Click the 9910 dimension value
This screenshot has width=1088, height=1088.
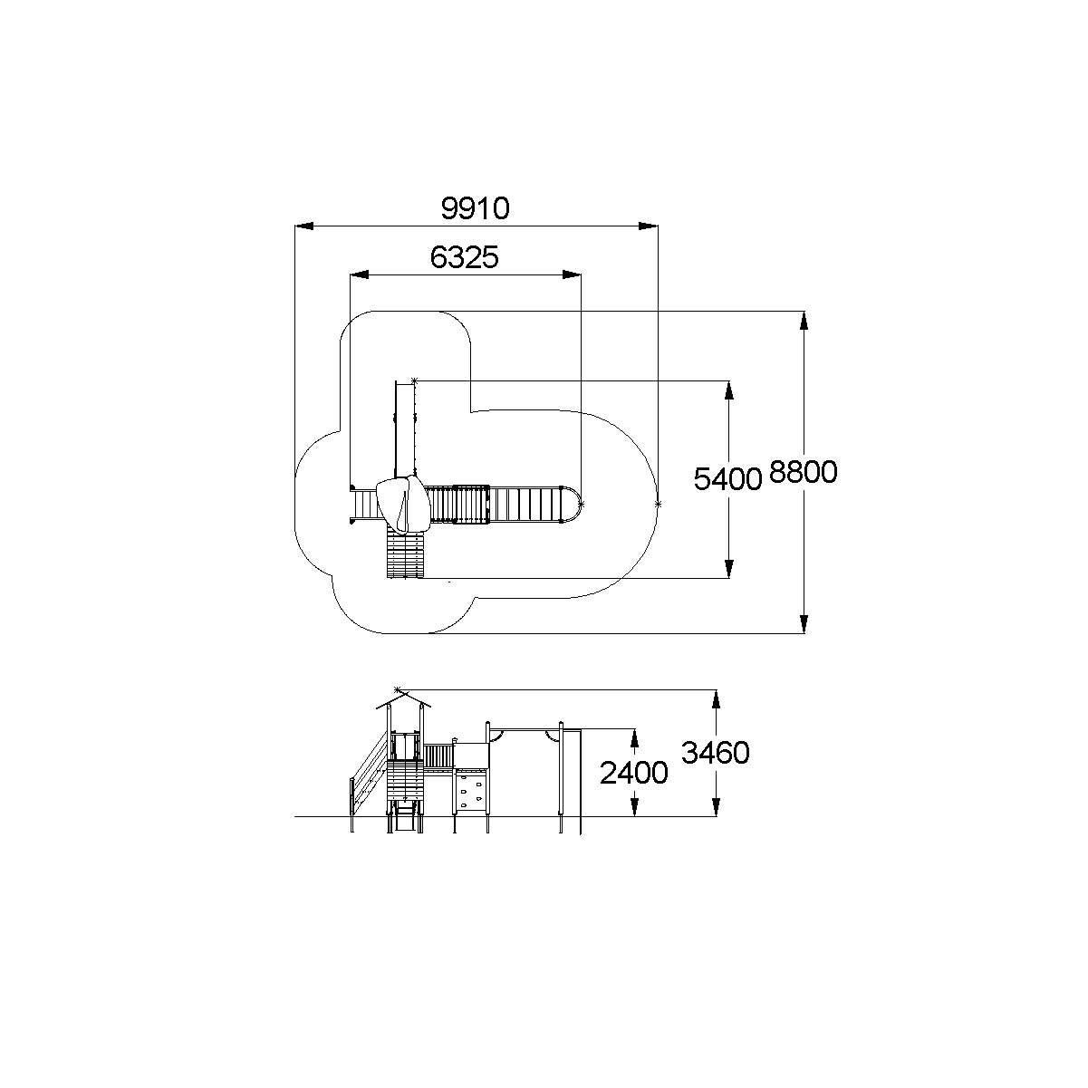click(475, 208)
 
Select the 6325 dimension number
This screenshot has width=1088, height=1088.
click(464, 257)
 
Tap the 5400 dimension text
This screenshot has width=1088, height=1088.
click(727, 479)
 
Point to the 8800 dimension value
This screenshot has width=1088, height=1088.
click(803, 472)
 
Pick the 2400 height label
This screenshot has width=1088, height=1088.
click(633, 773)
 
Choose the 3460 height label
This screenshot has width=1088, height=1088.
click(716, 753)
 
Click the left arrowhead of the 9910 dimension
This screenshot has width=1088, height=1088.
click(303, 226)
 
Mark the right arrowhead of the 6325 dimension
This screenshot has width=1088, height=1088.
click(572, 275)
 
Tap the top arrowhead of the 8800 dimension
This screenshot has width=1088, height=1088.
click(804, 320)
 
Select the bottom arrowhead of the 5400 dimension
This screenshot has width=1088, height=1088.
click(729, 569)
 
